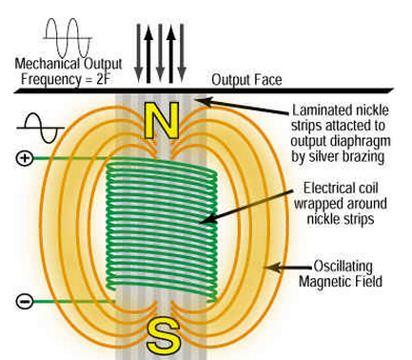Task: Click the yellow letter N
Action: tap(161, 120)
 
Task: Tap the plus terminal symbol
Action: tap(25, 158)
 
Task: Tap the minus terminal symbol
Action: tap(25, 301)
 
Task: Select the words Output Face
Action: tap(246, 80)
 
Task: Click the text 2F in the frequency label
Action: tap(104, 79)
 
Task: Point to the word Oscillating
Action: tap(343, 266)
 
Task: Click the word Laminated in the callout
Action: tap(322, 110)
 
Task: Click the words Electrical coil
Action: tap(341, 189)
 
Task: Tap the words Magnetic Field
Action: tap(341, 282)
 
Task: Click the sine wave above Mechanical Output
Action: tap(68, 38)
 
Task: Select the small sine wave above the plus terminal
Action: tap(40, 128)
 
